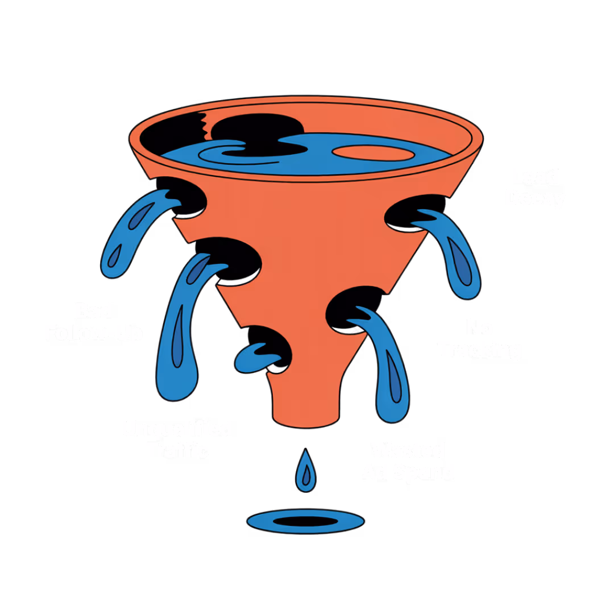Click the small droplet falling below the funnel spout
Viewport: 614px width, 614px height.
[x=306, y=472]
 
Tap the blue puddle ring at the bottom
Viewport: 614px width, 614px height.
[x=305, y=521]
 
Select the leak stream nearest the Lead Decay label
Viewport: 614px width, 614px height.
[x=455, y=250]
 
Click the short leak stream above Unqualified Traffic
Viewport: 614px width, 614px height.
[x=256, y=355]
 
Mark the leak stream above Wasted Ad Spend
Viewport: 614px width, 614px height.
[x=387, y=364]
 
